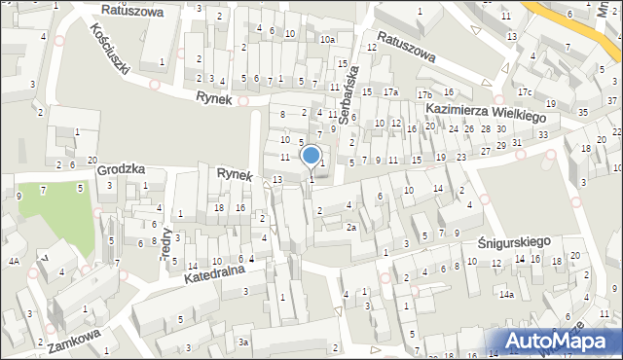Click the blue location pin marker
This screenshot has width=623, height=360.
311,156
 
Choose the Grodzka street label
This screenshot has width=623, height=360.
122,169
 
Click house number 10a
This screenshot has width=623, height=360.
328,40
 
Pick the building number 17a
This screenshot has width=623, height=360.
390,92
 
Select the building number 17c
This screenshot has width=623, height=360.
525,92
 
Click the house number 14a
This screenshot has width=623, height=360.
506,294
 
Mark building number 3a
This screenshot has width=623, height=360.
245,342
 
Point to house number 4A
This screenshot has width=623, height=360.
14,262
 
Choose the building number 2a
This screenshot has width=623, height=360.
350,228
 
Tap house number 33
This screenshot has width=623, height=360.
543,134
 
